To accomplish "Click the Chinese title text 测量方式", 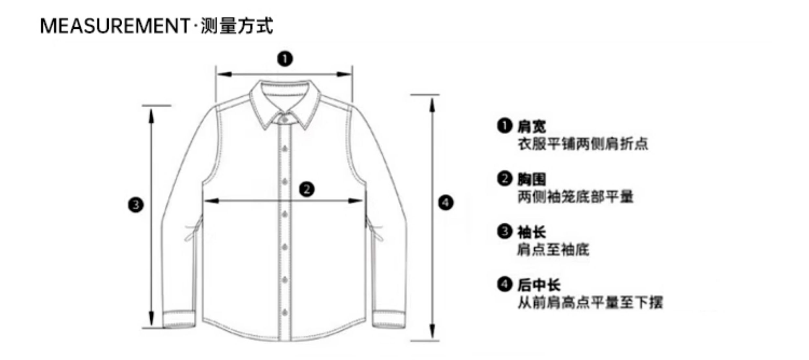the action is (237, 26).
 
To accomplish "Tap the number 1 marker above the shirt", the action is (285, 59).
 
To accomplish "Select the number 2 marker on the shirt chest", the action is (307, 189).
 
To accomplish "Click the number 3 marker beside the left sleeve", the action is (136, 205).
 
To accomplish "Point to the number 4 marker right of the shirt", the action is (446, 203).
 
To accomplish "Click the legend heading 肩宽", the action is (531, 127).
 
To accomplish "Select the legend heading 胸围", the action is (531, 179).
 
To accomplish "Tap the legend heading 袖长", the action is (531, 232).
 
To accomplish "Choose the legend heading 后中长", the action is (539, 285).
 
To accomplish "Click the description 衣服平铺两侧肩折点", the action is (583, 144).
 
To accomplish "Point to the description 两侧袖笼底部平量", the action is (575, 197).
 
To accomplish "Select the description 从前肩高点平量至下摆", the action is (590, 302).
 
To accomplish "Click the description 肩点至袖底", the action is (553, 250).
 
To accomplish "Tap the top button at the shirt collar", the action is (284, 120).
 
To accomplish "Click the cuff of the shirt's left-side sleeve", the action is (179, 319).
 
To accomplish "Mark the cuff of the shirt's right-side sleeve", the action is (389, 319).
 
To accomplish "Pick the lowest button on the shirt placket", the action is (285, 312).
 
